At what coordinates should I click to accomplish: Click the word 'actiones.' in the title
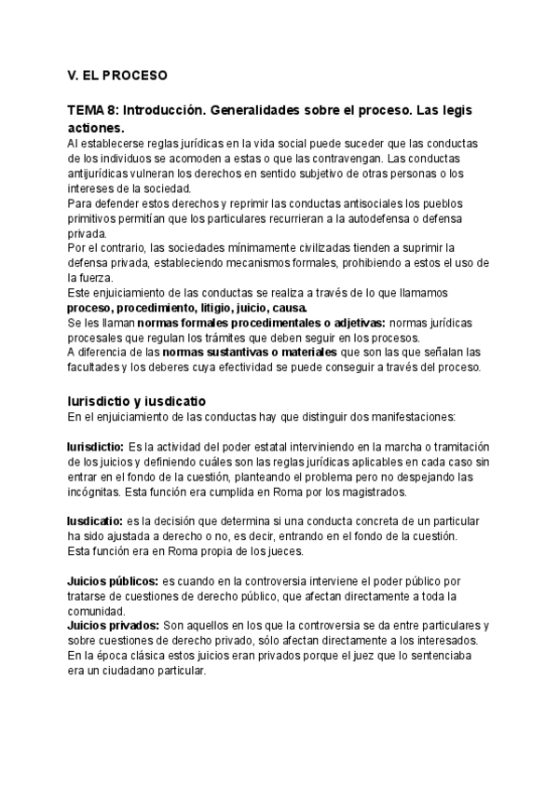point(96,127)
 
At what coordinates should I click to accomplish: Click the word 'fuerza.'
point(87,277)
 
